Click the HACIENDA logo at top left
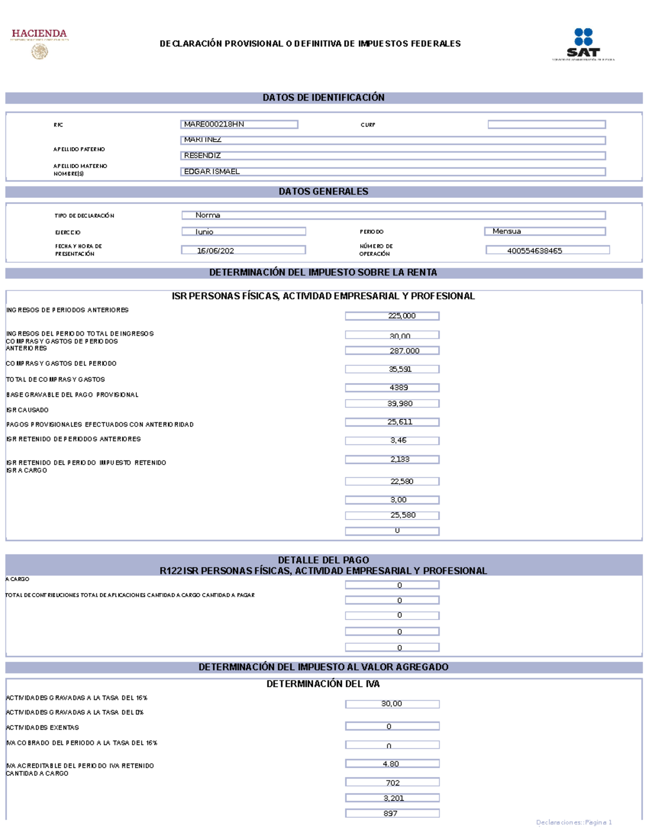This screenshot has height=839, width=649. pyautogui.click(x=39, y=43)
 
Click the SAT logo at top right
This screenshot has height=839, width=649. pyautogui.click(x=583, y=44)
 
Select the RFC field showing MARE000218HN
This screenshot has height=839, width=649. pyautogui.click(x=239, y=124)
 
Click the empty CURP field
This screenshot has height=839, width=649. pyautogui.click(x=546, y=124)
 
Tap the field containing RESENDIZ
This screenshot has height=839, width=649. pyautogui.click(x=392, y=156)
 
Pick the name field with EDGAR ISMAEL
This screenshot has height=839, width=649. pyautogui.click(x=392, y=171)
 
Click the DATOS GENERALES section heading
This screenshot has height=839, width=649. pyautogui.click(x=323, y=192)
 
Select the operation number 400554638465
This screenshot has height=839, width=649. pyautogui.click(x=547, y=250)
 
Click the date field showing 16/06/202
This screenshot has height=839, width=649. pyautogui.click(x=243, y=250)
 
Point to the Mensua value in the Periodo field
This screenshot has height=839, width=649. pyautogui.click(x=544, y=231)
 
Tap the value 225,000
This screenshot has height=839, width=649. pyautogui.click(x=392, y=316)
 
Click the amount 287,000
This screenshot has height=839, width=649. pyautogui.click(x=392, y=351)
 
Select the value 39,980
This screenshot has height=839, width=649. pyautogui.click(x=392, y=404)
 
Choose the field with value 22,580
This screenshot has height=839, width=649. pyautogui.click(x=392, y=482)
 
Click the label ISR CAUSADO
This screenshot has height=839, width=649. pyautogui.click(x=28, y=410)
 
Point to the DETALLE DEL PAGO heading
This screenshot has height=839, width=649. pyautogui.click(x=323, y=560)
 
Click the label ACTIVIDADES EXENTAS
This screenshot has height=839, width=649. pyautogui.click(x=43, y=728)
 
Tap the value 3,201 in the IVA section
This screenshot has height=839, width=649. pyautogui.click(x=392, y=798)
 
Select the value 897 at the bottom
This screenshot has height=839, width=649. pyautogui.click(x=392, y=814)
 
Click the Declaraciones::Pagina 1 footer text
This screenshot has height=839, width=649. pyautogui.click(x=574, y=822)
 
